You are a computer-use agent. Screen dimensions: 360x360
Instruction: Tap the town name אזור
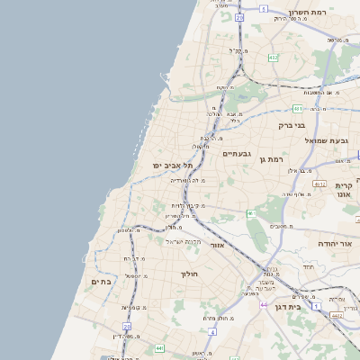216,244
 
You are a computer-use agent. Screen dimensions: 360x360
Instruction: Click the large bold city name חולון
189,273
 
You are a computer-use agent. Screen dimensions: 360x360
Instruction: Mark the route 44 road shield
263,305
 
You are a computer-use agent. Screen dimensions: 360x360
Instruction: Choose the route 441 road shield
159,348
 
